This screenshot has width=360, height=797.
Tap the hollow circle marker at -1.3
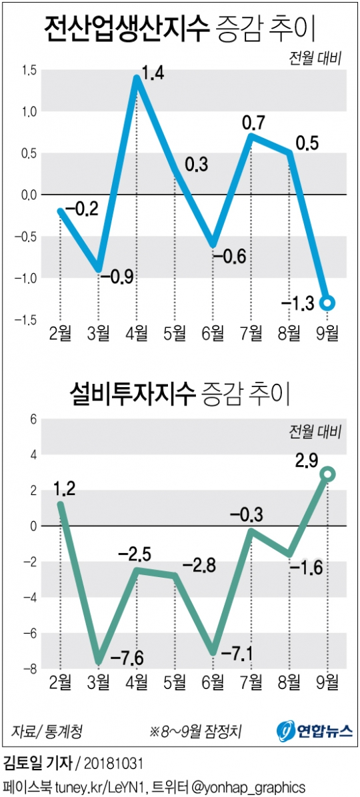click(328, 303)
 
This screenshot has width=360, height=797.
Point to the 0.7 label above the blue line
click(253, 123)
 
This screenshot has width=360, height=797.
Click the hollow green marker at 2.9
click(328, 474)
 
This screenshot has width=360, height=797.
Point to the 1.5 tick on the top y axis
click(27, 70)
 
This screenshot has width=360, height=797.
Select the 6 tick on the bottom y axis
click(30, 419)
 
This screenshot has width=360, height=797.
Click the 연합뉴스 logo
click(315, 730)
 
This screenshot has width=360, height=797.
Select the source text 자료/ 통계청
click(47, 731)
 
